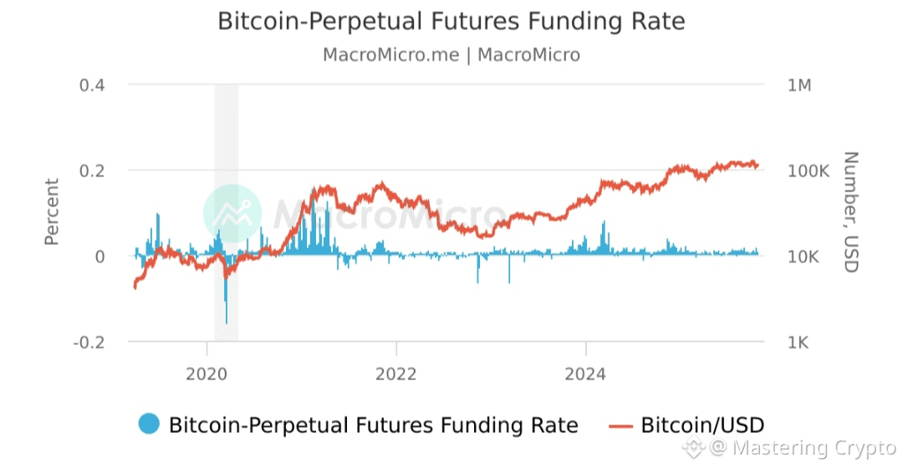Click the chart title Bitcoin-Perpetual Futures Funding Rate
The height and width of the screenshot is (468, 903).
click(x=451, y=21)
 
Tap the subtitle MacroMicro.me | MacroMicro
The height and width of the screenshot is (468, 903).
click(x=451, y=55)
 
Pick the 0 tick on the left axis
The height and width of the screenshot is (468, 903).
click(x=99, y=257)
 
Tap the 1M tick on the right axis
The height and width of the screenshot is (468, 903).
click(x=799, y=85)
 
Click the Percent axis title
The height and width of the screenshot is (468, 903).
click(x=52, y=212)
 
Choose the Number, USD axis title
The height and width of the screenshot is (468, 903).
click(x=849, y=212)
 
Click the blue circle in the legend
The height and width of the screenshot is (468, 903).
click(x=149, y=425)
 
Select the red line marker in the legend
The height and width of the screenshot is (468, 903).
click(x=620, y=425)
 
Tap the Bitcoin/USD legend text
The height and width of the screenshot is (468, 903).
click(x=702, y=425)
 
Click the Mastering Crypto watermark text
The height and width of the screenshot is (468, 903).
click(x=811, y=449)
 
